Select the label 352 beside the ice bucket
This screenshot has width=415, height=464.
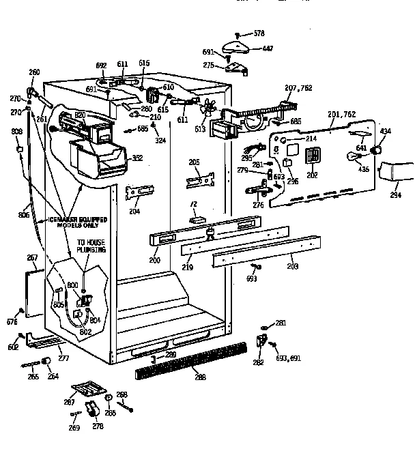(x=137, y=158)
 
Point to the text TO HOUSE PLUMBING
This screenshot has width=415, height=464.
(x=91, y=246)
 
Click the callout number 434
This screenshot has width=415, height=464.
(x=386, y=131)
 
